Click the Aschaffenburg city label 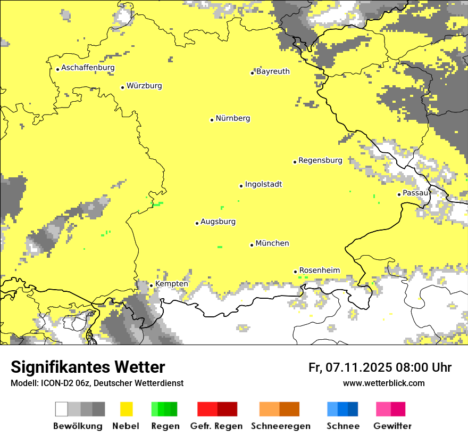tap(88, 68)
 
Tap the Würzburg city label tap(144, 86)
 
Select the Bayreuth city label tap(273, 71)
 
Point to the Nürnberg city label tap(232, 118)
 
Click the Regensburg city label tap(320, 160)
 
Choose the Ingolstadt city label tap(263, 185)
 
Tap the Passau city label tap(415, 193)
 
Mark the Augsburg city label tap(218, 222)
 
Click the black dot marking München tap(252, 245)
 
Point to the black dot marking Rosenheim tap(295, 272)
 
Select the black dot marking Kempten tap(151, 285)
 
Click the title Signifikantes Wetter tap(88, 367)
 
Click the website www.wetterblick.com tap(383, 383)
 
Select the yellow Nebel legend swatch tap(126, 409)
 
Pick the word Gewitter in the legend tap(392, 426)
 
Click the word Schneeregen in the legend tap(281, 426)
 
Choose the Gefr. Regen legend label tap(216, 426)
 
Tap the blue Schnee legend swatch tap(342, 409)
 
